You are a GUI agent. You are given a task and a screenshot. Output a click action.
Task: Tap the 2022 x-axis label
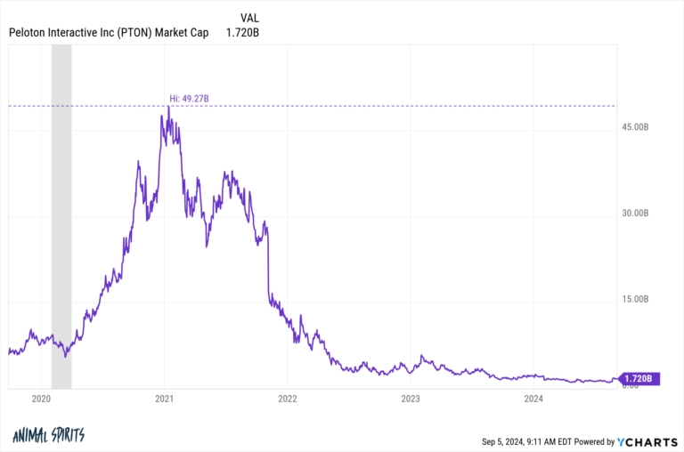(288, 399)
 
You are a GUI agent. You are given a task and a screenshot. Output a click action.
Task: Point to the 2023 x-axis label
(411, 399)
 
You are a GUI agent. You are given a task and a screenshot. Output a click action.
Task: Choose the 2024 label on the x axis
(533, 399)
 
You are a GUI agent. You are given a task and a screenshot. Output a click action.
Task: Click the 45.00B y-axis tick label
(638, 128)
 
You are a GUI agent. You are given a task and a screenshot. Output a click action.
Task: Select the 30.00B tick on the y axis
(638, 214)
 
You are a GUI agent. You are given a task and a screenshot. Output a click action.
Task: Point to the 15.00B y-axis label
(638, 299)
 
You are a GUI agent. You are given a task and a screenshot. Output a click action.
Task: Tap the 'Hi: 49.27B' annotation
(189, 98)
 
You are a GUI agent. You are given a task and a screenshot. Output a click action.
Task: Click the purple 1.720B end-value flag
(639, 379)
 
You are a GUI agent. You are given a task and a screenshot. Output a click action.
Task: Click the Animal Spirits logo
(49, 436)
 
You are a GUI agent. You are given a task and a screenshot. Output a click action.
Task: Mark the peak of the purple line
(167, 107)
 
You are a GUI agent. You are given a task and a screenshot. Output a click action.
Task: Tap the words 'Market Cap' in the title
(183, 33)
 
